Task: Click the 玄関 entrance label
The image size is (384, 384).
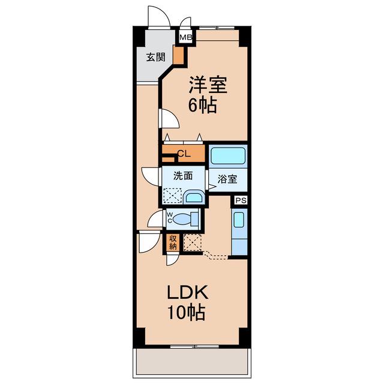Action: coord(156,58)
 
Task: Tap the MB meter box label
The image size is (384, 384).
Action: coord(185,37)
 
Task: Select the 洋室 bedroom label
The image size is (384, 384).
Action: coord(208,85)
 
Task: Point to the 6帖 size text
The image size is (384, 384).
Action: coord(203,105)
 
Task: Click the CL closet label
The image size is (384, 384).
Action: coord(184,154)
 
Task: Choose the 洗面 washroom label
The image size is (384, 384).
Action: coord(183,176)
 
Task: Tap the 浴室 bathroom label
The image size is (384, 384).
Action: coord(227,179)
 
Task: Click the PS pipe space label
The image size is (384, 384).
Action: coord(241,200)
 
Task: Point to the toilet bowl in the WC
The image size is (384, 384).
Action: coord(182,218)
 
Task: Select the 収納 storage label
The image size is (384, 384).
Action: coord(173,242)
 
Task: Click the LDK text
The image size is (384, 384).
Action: coord(188,292)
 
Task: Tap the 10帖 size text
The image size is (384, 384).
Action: coord(186,312)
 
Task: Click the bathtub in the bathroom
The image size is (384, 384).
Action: coord(228,156)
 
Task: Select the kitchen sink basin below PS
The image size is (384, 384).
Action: coord(239,220)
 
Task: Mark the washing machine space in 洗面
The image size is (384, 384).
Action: coord(172,196)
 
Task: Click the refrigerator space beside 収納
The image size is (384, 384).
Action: coord(193,242)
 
